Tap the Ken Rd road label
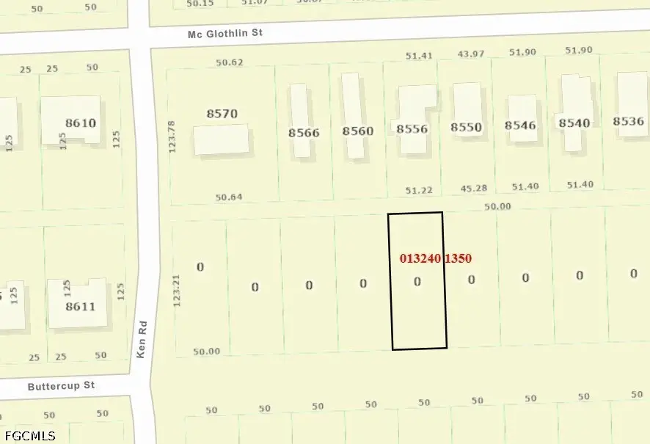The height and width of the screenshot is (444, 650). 143,338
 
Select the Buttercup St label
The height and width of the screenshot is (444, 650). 62,385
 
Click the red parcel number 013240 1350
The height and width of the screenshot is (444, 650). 435,258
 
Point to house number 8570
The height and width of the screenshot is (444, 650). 222,114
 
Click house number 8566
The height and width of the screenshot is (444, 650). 304,132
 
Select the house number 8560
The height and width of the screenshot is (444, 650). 358,131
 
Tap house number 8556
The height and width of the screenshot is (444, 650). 412,129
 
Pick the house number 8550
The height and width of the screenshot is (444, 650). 466,127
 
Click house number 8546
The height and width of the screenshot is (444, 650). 520,125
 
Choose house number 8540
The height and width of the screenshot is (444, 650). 574,123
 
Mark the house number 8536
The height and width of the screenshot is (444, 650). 628,121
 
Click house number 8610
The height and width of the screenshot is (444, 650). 81,123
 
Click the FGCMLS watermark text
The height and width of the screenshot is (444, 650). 29,436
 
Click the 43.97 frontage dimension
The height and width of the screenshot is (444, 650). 472,54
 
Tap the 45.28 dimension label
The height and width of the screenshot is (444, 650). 473,189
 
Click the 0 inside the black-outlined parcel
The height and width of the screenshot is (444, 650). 417,282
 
